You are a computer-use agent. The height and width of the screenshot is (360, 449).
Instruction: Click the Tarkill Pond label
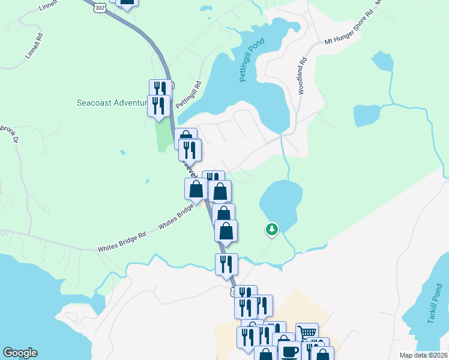click(x=435, y=308)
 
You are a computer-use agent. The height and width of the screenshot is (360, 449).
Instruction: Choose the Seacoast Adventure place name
click(x=112, y=103)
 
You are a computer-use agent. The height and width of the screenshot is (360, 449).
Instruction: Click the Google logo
click(x=20, y=353)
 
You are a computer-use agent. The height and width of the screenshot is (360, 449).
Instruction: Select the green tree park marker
click(x=272, y=229)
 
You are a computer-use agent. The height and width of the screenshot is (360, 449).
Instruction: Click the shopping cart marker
click(x=307, y=332)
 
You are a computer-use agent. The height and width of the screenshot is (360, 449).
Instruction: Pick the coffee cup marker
click(x=288, y=350)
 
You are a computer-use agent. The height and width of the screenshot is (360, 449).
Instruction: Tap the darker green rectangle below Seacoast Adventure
click(x=163, y=136)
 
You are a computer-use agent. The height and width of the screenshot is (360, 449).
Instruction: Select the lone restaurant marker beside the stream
click(x=226, y=263)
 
